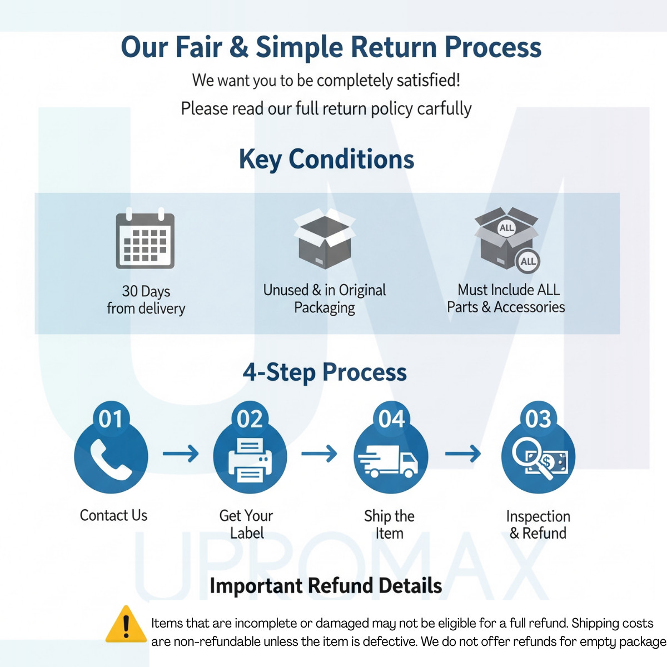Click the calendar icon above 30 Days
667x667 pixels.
point(145,238)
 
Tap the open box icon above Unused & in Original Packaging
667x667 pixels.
point(324,238)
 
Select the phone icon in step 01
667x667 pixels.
point(111,460)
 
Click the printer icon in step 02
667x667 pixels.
point(250,460)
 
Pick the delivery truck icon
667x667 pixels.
point(388,461)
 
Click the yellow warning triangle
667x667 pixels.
point(126,624)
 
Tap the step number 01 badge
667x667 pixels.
point(111,419)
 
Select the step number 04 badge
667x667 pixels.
point(391,419)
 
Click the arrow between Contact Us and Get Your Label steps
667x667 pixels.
point(181,454)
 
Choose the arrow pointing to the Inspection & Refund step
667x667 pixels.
point(463,454)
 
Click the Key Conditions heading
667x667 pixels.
point(326,160)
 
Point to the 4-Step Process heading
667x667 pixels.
point(325,372)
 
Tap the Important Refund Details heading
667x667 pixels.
point(326,586)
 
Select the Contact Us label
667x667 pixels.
point(113,515)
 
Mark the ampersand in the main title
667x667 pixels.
point(239,47)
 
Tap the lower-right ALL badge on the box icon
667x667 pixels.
point(528,261)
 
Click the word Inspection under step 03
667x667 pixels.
point(538,517)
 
